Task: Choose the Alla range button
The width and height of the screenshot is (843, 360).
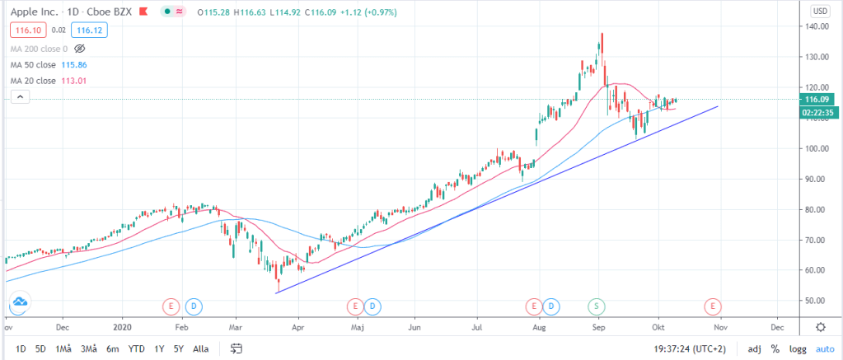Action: point(200,348)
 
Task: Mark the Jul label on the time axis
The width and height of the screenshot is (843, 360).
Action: point(477,327)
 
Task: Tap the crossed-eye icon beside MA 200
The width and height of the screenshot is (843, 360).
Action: point(80,49)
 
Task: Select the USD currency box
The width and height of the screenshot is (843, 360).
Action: point(820,12)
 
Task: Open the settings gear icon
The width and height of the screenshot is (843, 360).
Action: point(821,327)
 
